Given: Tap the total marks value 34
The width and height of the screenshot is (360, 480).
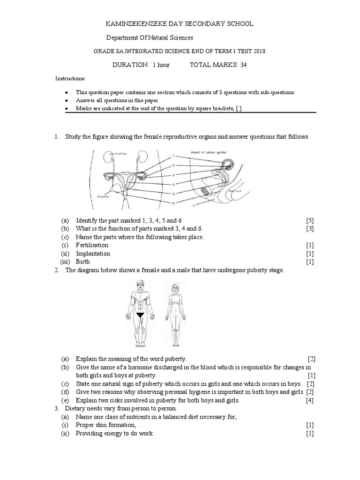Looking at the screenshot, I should [x=244, y=65].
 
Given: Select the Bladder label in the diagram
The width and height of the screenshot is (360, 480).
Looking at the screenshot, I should [x=104, y=197].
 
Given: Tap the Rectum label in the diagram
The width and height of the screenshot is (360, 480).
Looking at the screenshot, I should [x=235, y=192].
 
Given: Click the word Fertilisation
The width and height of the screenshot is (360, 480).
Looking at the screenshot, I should [x=92, y=245].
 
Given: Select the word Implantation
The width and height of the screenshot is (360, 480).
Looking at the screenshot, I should [x=93, y=254].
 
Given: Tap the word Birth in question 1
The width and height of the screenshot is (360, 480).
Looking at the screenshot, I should [x=83, y=262].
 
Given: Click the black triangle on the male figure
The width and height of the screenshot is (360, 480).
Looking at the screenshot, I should [x=139, y=315].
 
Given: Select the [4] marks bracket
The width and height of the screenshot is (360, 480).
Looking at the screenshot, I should [x=310, y=401].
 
